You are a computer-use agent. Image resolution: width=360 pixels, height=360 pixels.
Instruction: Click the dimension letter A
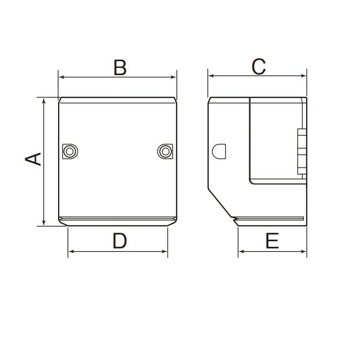click(33, 159)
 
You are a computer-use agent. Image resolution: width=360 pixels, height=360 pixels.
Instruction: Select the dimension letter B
click(120, 67)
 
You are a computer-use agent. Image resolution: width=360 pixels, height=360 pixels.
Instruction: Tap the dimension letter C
click(259, 67)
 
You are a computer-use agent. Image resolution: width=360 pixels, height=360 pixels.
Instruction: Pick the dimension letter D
click(120, 241)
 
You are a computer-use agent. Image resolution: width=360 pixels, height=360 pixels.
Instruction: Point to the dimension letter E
click(272, 241)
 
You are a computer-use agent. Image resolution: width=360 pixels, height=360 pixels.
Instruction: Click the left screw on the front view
click(69, 151)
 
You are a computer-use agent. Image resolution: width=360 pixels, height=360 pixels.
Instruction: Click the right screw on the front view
click(166, 151)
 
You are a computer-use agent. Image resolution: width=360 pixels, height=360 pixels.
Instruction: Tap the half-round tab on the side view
click(219, 151)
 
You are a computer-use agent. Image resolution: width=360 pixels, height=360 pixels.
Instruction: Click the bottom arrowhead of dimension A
click(44, 223)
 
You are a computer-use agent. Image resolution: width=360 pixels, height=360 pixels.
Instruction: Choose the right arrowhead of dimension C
click(304, 76)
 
